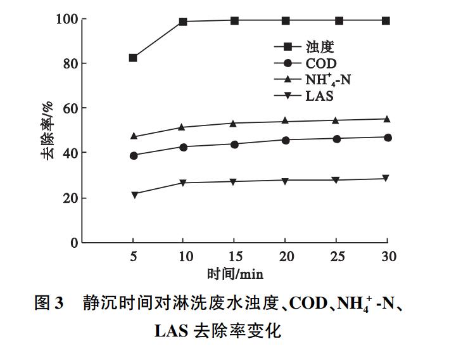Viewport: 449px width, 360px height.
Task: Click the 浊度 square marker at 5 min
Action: tap(133, 58)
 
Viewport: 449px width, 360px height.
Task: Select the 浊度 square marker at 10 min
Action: tap(184, 22)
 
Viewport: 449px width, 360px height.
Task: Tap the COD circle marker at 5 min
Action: tap(133, 155)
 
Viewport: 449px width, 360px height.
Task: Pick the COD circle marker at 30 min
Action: tap(388, 138)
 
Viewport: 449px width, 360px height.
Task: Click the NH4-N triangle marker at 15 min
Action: tap(234, 123)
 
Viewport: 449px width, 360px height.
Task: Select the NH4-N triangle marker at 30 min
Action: tap(388, 119)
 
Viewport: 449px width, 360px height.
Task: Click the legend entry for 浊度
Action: tap(304, 46)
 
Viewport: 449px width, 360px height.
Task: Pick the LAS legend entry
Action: tap(304, 96)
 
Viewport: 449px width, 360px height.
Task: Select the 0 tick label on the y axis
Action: tap(74, 243)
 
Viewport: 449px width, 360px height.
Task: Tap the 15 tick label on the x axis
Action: tap(234, 257)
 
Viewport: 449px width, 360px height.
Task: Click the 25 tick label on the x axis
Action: tap(336, 257)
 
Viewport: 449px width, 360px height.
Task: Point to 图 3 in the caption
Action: tap(48, 304)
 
